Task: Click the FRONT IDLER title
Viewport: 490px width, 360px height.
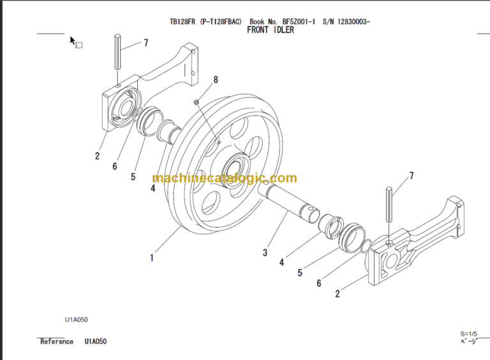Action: tap(270, 30)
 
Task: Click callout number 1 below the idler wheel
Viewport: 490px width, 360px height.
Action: tap(152, 258)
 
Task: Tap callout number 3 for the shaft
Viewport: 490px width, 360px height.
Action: tap(265, 253)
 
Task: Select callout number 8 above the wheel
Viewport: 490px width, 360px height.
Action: tap(216, 80)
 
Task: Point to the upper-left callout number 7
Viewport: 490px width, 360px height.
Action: tap(145, 43)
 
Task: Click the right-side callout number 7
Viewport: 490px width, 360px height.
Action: tap(411, 175)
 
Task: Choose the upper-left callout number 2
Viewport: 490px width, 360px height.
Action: tap(98, 155)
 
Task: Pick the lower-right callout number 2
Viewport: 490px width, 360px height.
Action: tap(337, 294)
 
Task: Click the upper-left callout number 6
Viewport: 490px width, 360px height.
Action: tap(115, 166)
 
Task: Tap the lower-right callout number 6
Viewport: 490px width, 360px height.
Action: tap(319, 283)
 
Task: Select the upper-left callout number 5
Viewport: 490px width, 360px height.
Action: tap(133, 177)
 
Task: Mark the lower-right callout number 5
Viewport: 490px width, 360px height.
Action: tap(300, 273)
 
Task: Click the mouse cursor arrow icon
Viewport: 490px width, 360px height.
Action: tap(73, 40)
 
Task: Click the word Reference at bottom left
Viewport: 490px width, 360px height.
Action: tap(57, 341)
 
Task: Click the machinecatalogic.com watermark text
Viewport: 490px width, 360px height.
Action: tap(225, 179)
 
